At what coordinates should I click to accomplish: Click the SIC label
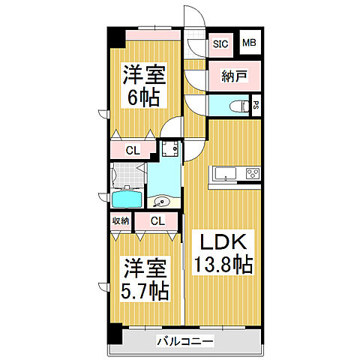(x=220, y=43)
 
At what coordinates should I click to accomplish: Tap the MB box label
(x=248, y=43)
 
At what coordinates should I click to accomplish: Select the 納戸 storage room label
(x=233, y=76)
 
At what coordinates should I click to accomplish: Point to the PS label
(x=256, y=105)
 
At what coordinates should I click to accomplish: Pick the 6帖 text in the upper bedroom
(x=142, y=97)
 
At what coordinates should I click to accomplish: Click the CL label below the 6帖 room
(x=132, y=151)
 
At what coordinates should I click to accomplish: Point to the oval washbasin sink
(x=161, y=201)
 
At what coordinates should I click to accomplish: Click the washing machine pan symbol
(x=171, y=149)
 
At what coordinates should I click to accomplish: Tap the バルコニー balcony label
(x=185, y=342)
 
